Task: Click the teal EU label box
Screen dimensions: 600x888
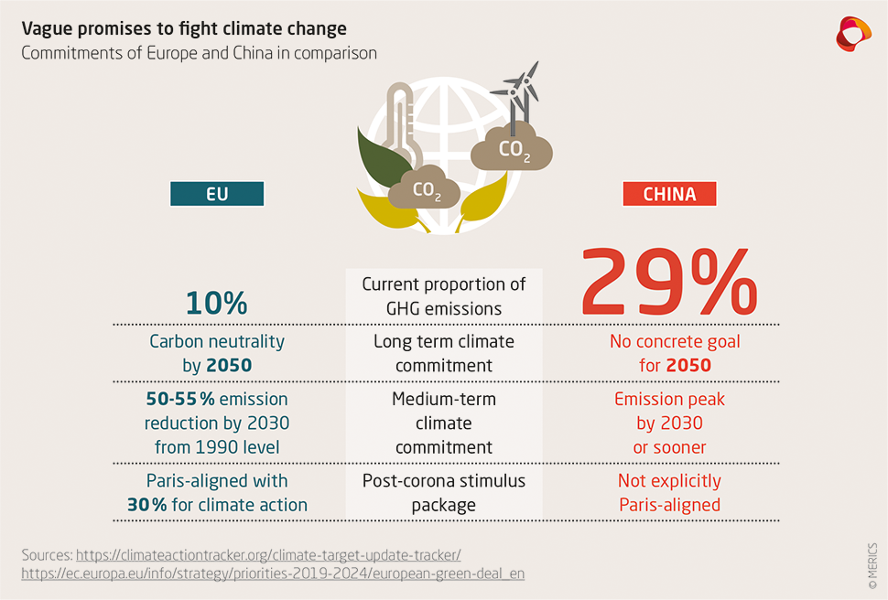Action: pos(217,194)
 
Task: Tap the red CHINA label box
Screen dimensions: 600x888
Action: pos(669,194)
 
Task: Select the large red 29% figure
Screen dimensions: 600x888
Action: pos(669,282)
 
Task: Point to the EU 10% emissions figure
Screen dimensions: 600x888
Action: pos(217,303)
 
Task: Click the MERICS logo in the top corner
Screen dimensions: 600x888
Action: pos(853,34)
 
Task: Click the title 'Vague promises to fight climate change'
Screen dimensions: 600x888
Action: pos(184,28)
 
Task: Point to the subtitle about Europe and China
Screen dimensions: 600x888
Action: pos(199,53)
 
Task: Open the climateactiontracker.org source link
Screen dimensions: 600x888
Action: pos(268,554)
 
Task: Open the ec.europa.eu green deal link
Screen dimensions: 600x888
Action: pos(273,573)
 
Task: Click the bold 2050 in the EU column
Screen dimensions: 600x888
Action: pos(230,366)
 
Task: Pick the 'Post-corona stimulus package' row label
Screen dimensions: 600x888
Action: pos(444,493)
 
